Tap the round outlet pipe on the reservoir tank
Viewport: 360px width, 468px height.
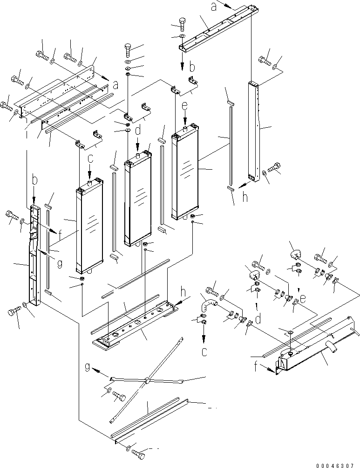pyautogui.click(x=333, y=347)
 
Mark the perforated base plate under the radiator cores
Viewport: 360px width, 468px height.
pyautogui.click(x=135, y=322)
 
